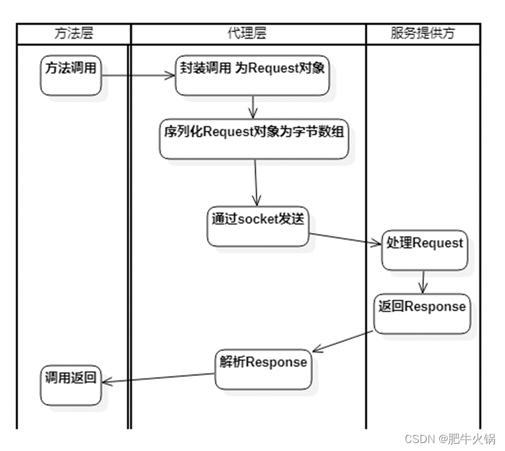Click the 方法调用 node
pos(70,74)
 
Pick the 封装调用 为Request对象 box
pos(252,74)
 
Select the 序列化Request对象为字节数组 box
pos(254,138)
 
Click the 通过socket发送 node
pos(258,225)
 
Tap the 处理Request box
pos(424,249)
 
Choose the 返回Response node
pos(422,313)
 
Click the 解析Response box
pos(264,369)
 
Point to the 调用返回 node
pos(70,385)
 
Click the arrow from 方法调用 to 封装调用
pos(138,75)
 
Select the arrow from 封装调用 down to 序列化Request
pos(252,107)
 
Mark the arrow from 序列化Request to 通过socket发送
pos(256,182)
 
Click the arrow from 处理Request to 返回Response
pos(423,281)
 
